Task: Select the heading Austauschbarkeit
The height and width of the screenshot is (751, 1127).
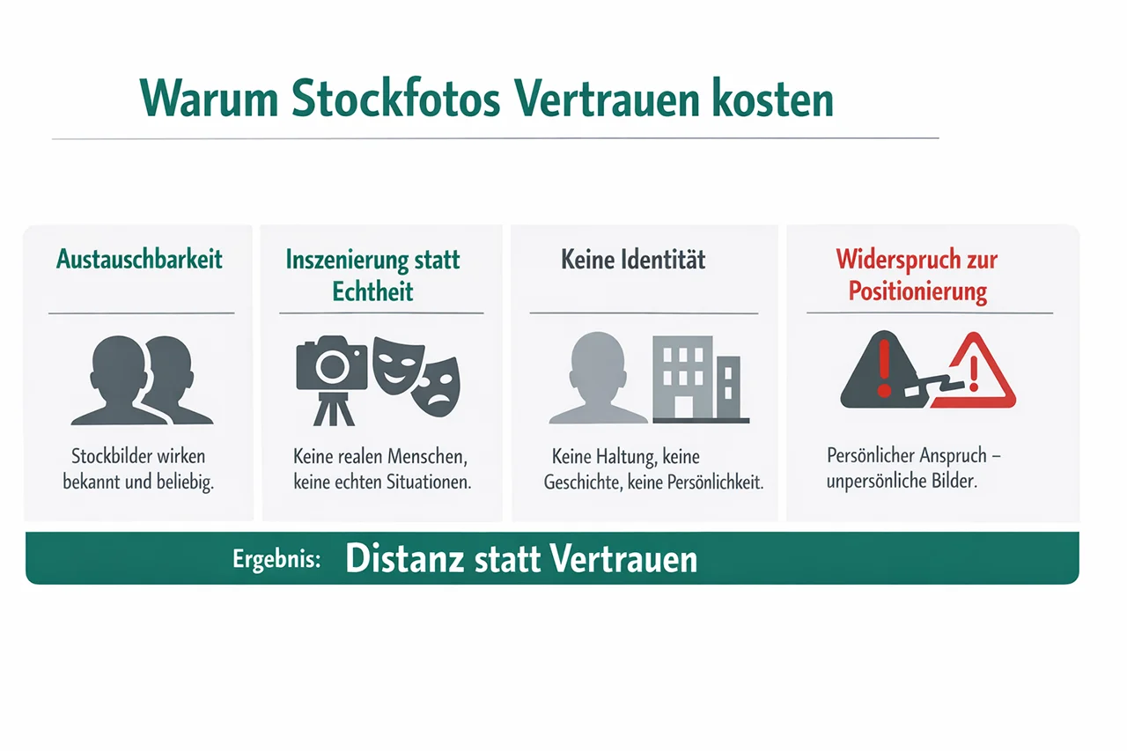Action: tap(139, 260)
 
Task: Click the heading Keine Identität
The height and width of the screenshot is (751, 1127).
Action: tap(633, 260)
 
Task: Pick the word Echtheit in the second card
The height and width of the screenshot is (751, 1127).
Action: tap(372, 291)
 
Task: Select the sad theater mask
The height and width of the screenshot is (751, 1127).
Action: tap(436, 387)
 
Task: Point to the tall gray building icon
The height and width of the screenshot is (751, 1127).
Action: tap(682, 377)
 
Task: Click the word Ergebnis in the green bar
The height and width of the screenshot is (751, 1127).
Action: tap(276, 559)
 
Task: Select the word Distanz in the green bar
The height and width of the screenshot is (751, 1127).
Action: tap(404, 558)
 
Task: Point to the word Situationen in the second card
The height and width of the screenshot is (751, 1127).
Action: tap(428, 482)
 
